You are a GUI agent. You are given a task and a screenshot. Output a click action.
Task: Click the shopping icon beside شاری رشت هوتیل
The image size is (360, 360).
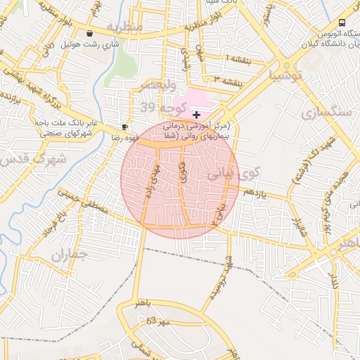tap(89, 33)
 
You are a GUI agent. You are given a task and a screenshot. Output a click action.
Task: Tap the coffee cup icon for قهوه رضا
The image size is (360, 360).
tap(124, 127)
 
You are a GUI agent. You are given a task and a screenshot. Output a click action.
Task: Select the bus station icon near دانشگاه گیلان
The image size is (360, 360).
tap(342, 22)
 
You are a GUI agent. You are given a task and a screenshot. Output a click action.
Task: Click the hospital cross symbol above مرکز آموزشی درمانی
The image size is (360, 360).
tap(196, 114)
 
